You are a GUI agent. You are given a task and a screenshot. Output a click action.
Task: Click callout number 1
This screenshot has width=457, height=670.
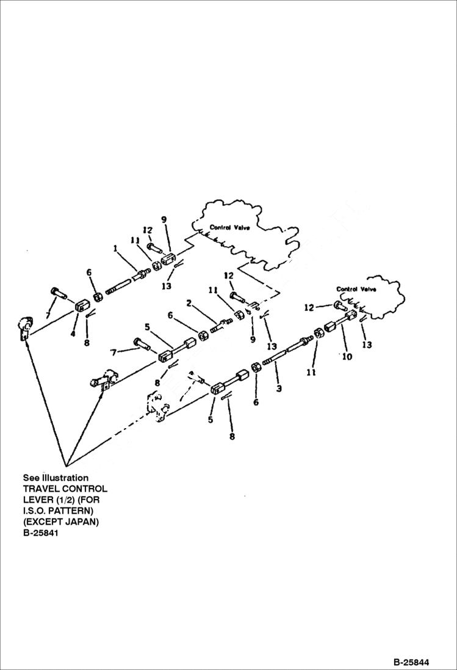click(114, 249)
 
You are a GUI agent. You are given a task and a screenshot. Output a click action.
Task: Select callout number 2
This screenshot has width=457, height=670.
click(189, 303)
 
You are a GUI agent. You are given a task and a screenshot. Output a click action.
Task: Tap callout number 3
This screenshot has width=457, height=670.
click(279, 388)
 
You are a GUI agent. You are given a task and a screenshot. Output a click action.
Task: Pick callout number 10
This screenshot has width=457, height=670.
click(347, 357)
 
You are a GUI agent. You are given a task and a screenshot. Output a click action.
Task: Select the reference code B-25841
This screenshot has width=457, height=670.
click(40, 533)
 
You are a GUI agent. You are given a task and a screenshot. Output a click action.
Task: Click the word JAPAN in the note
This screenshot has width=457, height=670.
click(84, 522)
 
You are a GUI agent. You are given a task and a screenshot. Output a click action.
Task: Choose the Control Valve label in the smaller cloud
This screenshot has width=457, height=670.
click(356, 289)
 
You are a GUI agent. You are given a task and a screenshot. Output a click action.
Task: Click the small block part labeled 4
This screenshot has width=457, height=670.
click(83, 305)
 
